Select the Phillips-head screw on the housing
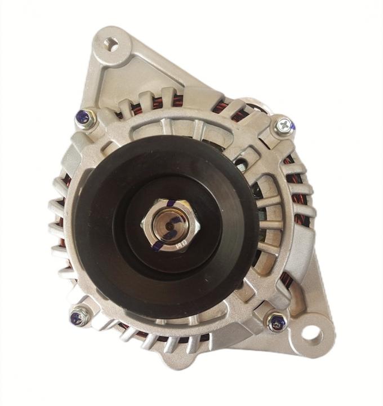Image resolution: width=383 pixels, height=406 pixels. tap(284, 125)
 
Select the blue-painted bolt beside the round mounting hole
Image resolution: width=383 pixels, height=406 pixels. tap(277, 322)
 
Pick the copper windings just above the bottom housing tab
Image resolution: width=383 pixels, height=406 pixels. tap(169, 339)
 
